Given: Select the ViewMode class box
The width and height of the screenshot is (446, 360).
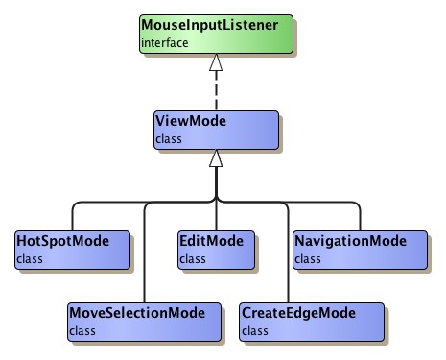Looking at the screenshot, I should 216,130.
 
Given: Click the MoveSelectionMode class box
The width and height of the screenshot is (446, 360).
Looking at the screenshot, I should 144,320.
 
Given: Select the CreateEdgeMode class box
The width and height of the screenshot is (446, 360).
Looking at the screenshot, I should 310,320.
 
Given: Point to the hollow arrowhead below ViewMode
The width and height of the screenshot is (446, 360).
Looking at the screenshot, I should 217,159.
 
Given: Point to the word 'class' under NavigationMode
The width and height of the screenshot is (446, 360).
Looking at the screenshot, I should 307,257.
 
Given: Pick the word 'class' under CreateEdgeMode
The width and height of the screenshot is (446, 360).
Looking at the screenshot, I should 256,330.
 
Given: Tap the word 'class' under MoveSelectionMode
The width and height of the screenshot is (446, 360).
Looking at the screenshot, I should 82,330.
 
